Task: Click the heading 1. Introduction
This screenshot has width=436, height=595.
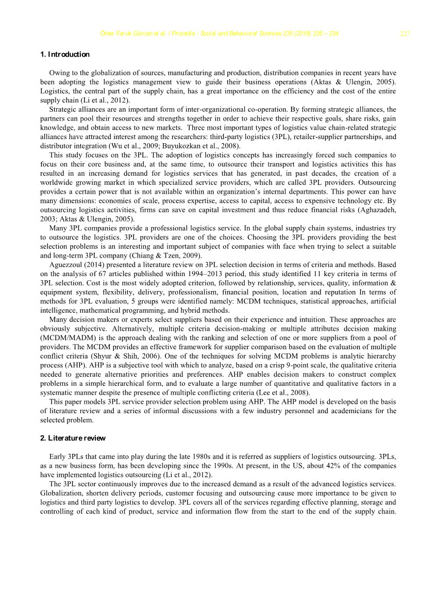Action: tap(64, 54)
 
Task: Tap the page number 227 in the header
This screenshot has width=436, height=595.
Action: tap(405, 34)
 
